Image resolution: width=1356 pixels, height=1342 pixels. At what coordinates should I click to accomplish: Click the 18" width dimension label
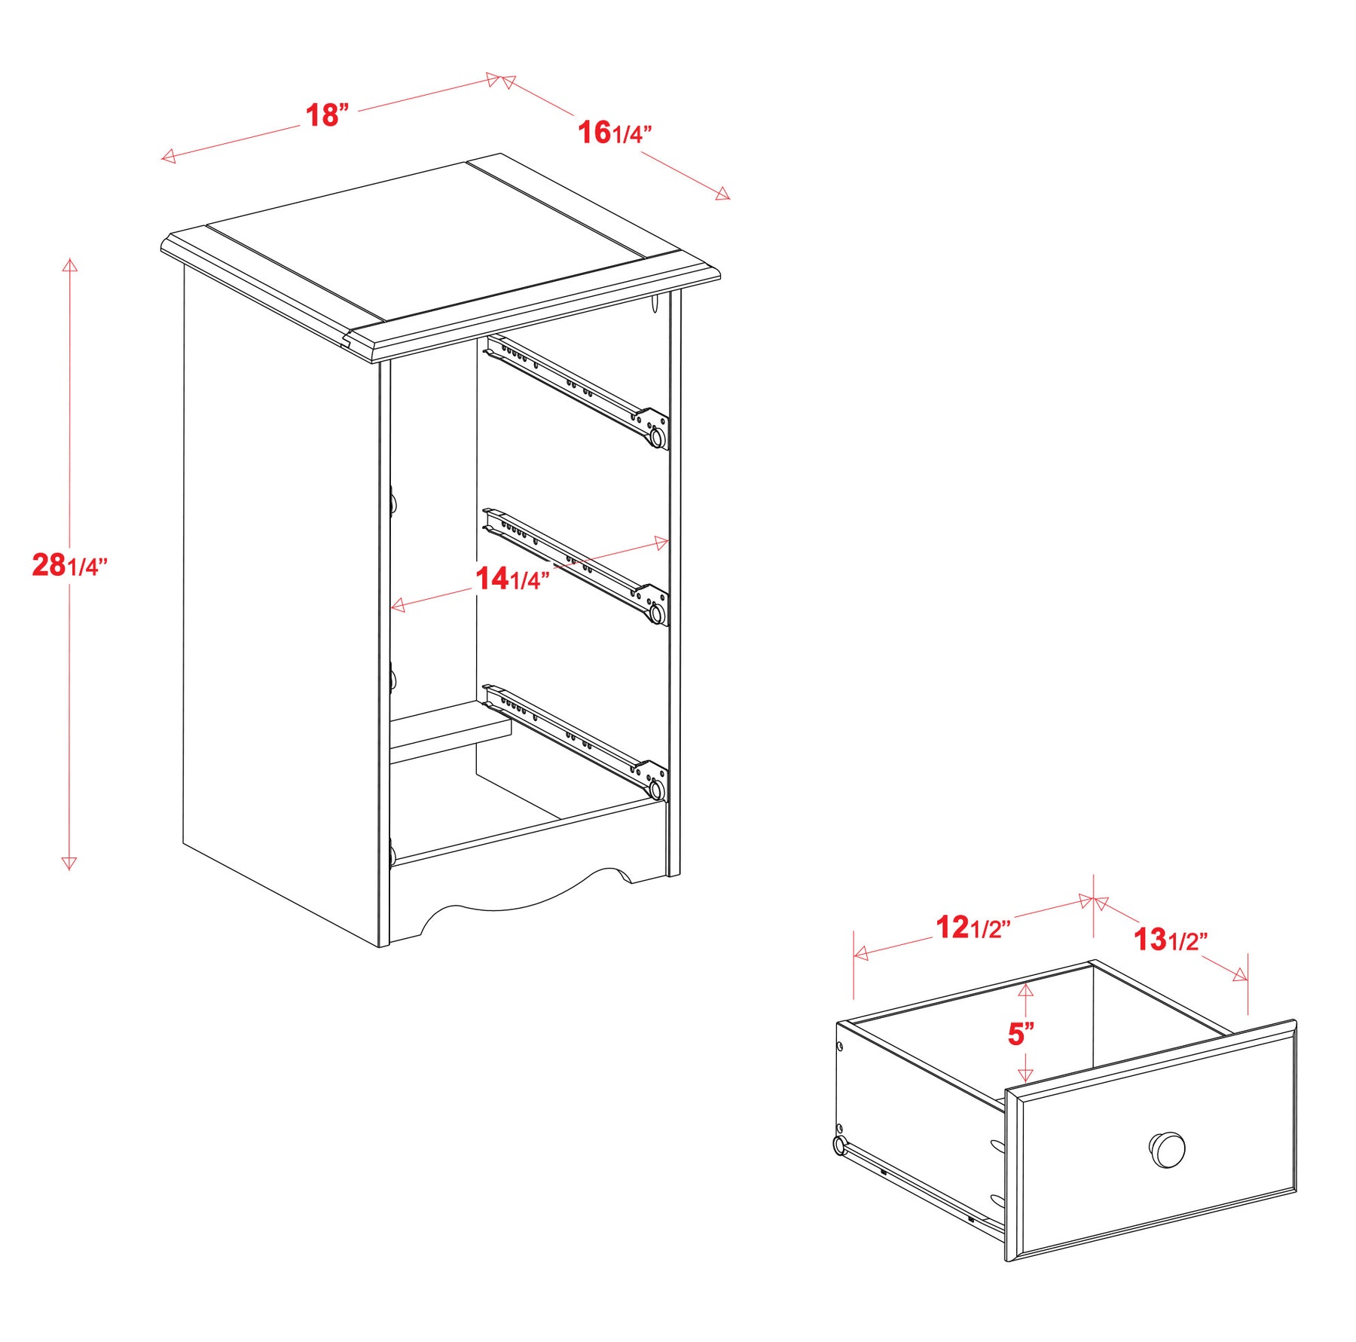click(x=327, y=115)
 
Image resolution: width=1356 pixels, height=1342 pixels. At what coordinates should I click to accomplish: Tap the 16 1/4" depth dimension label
click(x=615, y=133)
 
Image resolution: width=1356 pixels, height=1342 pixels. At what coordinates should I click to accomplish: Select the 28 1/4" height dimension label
click(x=70, y=564)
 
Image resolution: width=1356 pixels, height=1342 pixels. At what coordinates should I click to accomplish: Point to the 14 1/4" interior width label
click(x=512, y=579)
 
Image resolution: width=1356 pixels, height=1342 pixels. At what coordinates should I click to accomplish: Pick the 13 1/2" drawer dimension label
click(x=1171, y=940)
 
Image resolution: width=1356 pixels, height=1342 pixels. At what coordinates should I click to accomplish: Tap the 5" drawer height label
click(x=1021, y=1034)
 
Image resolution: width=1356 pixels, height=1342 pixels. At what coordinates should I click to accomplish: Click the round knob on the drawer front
click(x=1167, y=1150)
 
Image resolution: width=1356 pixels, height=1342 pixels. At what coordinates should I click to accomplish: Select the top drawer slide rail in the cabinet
click(x=576, y=392)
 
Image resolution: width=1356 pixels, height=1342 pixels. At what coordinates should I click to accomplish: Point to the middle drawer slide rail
click(x=576, y=567)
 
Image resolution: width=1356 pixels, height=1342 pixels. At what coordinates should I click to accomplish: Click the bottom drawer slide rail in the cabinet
click(x=576, y=742)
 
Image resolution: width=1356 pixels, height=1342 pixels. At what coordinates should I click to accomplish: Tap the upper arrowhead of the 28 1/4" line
click(x=70, y=264)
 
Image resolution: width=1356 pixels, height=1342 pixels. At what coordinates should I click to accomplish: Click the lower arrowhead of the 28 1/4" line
click(x=69, y=864)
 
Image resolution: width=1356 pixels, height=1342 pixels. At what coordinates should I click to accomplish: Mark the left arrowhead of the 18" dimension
click(x=168, y=156)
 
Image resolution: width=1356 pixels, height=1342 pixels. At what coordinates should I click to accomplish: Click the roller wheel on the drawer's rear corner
click(x=840, y=1145)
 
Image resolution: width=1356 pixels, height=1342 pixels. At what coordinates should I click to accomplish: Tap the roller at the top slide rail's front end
click(x=658, y=437)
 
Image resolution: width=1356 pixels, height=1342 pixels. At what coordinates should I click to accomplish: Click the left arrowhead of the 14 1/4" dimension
click(x=398, y=604)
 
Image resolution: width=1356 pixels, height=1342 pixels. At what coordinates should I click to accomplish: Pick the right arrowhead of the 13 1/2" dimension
click(x=1240, y=976)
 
